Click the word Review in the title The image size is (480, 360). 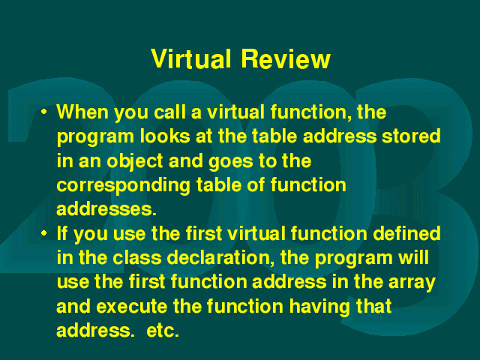pyautogui.click(x=286, y=58)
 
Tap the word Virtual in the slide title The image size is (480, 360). pyautogui.click(x=190, y=58)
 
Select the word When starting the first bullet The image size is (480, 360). pyautogui.click(x=82, y=112)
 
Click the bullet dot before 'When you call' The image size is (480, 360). pyautogui.click(x=44, y=112)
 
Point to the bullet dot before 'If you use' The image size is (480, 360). pyautogui.click(x=44, y=233)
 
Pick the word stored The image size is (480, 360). pyautogui.click(x=411, y=136)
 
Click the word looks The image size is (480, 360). pyautogui.click(x=165, y=136)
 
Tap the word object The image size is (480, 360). pyautogui.click(x=135, y=162)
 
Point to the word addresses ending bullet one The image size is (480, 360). pyautogui.click(x=106, y=209)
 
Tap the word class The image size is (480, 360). pyautogui.click(x=136, y=258)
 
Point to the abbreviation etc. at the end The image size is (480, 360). pyautogui.click(x=163, y=331)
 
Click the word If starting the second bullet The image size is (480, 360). pyautogui.click(x=62, y=233)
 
